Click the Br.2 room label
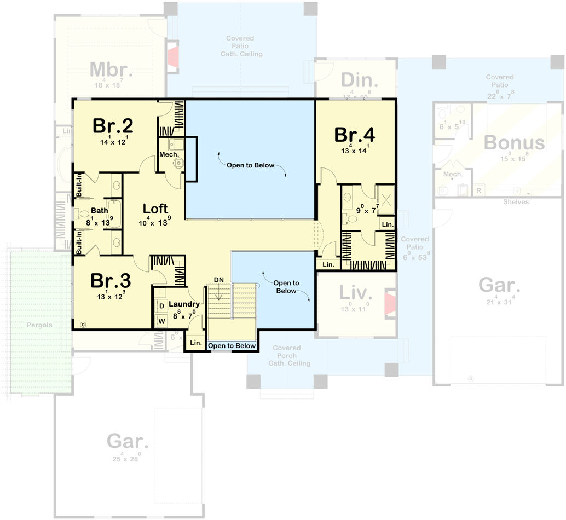click(x=113, y=125)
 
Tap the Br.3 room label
click(x=111, y=281)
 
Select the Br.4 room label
click(x=354, y=134)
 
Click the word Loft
click(x=155, y=209)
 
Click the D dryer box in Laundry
click(x=162, y=306)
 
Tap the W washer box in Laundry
click(x=162, y=320)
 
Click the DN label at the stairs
click(x=219, y=280)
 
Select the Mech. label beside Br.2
click(x=169, y=155)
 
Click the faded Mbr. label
click(x=112, y=70)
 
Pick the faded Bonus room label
click(x=514, y=143)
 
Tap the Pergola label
click(x=40, y=325)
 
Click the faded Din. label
click(x=360, y=81)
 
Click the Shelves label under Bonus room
click(x=516, y=202)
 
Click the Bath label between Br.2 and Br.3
click(x=100, y=210)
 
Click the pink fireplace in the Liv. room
click(x=390, y=304)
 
